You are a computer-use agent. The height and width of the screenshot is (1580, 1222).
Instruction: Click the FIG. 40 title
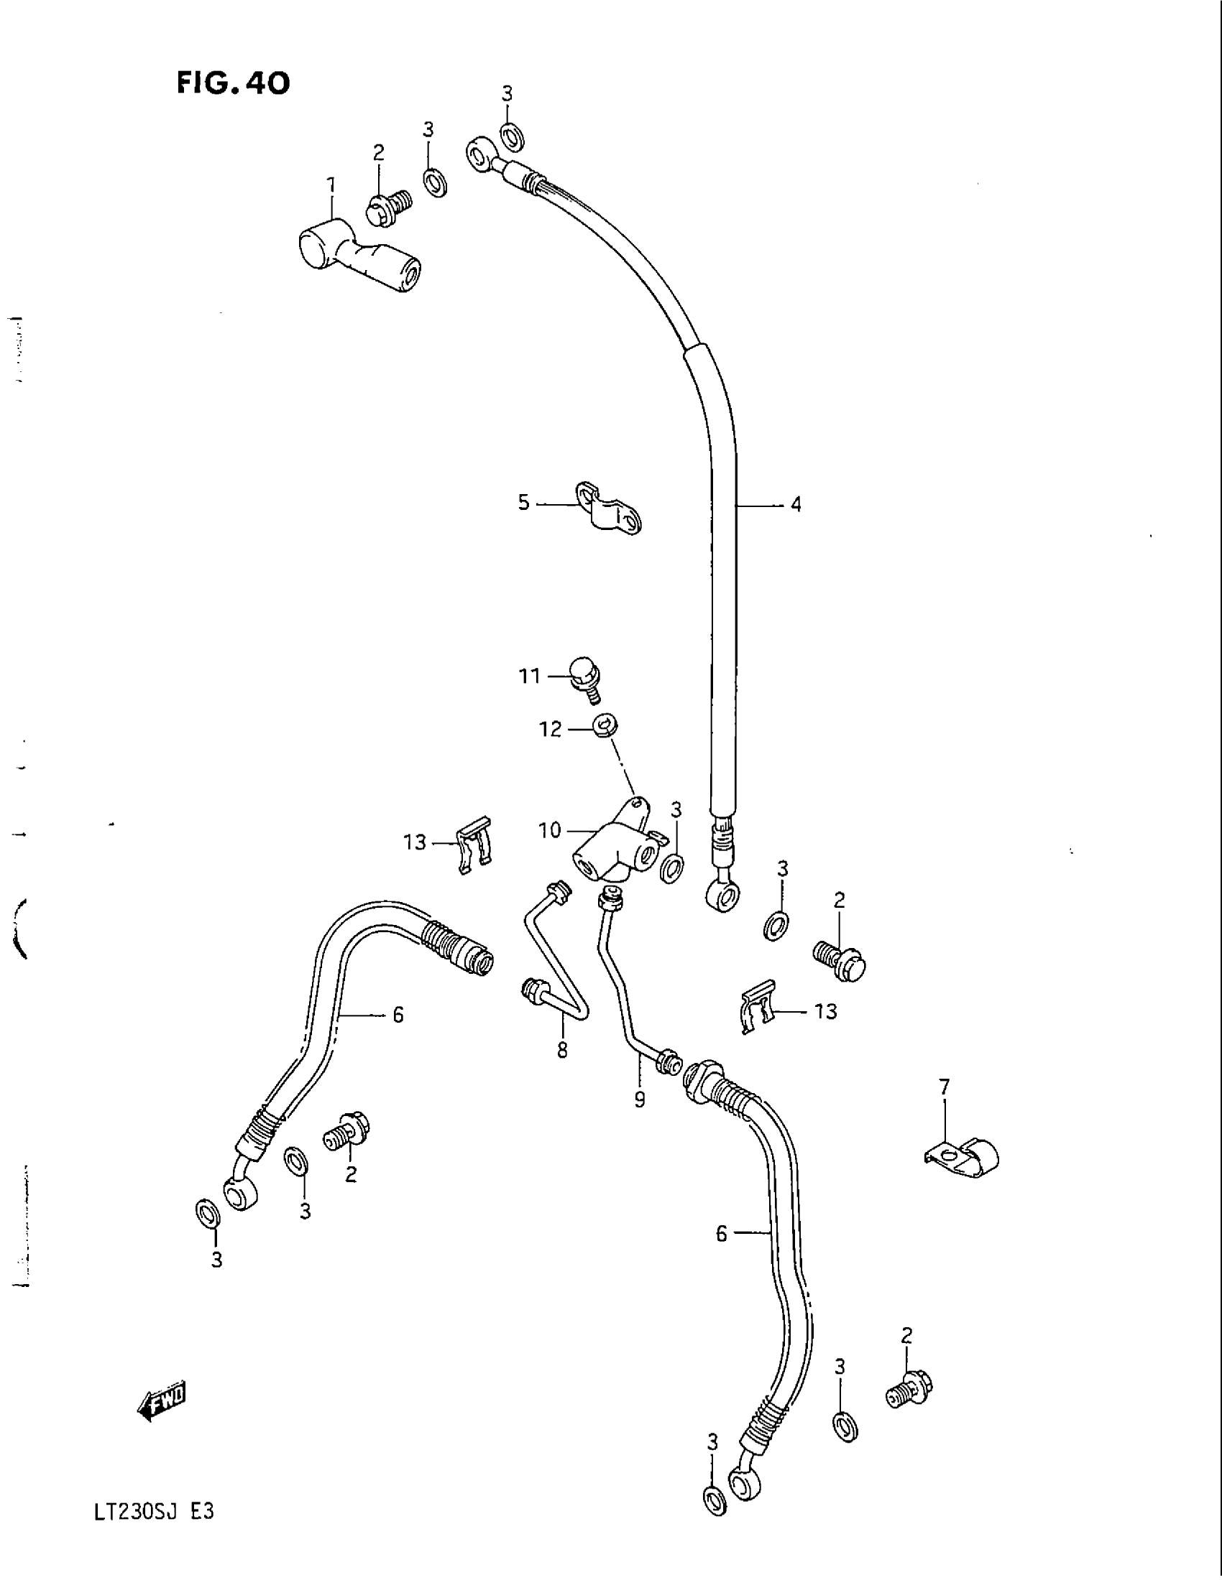click(x=232, y=85)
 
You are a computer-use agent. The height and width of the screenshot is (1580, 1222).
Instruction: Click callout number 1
click(x=331, y=186)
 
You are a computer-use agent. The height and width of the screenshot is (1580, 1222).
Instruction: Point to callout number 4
click(x=796, y=504)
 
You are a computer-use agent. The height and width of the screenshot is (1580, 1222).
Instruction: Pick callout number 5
click(x=524, y=502)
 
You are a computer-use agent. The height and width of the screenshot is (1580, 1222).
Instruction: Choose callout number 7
click(x=944, y=1106)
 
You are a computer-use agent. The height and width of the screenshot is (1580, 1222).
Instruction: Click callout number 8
click(x=563, y=1050)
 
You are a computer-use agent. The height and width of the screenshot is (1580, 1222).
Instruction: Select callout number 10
click(x=549, y=830)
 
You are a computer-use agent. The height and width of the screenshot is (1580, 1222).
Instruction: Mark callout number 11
click(x=529, y=676)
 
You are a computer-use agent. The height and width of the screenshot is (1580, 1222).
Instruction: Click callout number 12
click(x=550, y=729)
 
